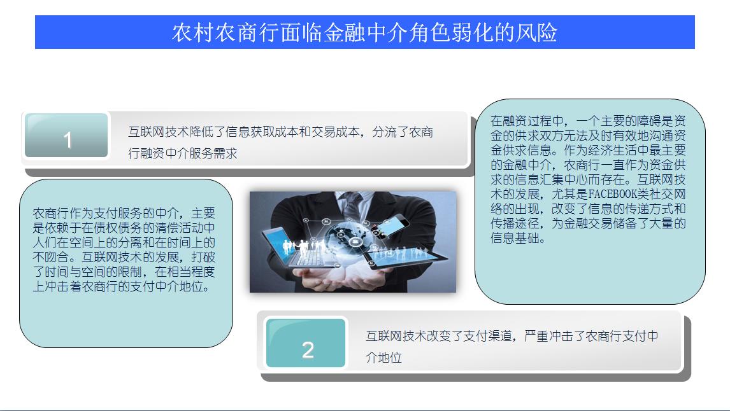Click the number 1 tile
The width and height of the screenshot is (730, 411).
point(66,136)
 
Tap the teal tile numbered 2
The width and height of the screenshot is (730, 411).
point(306,343)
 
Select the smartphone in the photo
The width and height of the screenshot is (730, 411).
point(390,225)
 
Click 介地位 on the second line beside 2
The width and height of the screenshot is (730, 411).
point(383,358)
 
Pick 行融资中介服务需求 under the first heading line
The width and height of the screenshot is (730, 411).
point(182,153)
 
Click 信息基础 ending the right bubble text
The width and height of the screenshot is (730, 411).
point(515,239)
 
